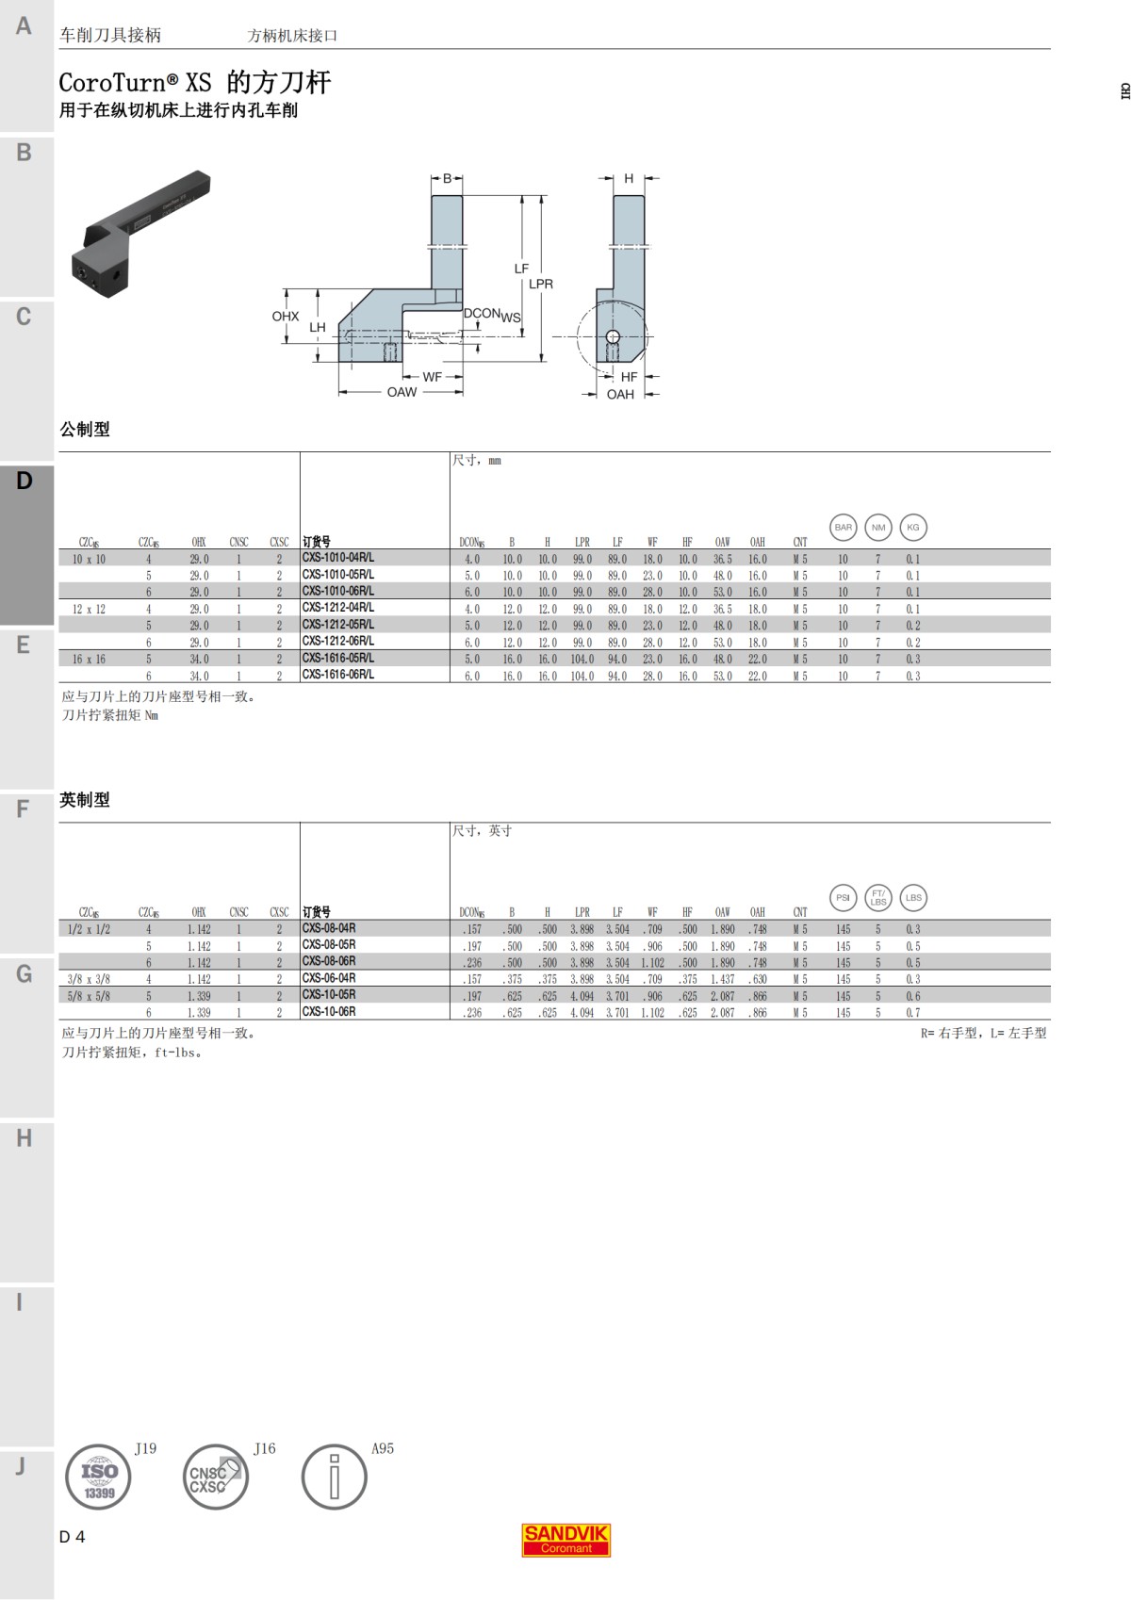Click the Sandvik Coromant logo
pyautogui.click(x=566, y=1540)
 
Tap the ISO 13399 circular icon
pyautogui.click(x=98, y=1477)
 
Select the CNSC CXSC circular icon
pyautogui.click(x=215, y=1477)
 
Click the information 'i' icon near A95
pyautogui.click(x=334, y=1477)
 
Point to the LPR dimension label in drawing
pyautogui.click(x=541, y=284)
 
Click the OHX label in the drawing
pyautogui.click(x=285, y=317)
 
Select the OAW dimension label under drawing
pyautogui.click(x=402, y=392)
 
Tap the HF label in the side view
pyautogui.click(x=629, y=377)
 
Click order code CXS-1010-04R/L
pyautogui.click(x=337, y=558)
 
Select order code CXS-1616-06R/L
pyautogui.click(x=337, y=675)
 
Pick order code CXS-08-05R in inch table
pyautogui.click(x=329, y=945)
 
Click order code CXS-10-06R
pyautogui.click(x=329, y=1012)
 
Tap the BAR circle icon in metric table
pyautogui.click(x=843, y=528)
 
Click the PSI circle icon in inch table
pyautogui.click(x=843, y=898)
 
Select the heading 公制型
pyautogui.click(x=85, y=430)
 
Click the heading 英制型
pyautogui.click(x=85, y=800)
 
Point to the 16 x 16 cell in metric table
pyautogui.click(x=89, y=660)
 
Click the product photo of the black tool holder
pyautogui.click(x=140, y=234)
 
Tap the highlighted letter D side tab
pyautogui.click(x=25, y=482)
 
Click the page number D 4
pyautogui.click(x=72, y=1537)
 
